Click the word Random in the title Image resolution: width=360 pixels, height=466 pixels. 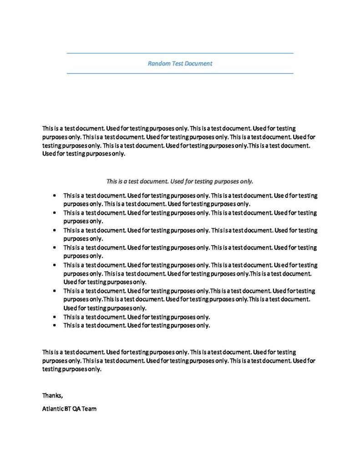(158, 64)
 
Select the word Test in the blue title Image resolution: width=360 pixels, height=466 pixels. (177, 64)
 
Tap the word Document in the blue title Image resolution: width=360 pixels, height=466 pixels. (198, 64)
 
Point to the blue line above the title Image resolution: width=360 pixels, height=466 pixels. (180, 53)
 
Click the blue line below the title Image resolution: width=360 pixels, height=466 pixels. (180, 73)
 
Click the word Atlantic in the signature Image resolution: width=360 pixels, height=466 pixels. (53, 409)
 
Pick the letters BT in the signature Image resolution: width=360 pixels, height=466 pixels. (67, 409)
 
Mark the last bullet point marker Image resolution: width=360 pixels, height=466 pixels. (55, 325)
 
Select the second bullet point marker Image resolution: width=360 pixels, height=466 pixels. (55, 213)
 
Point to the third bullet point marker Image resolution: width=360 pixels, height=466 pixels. (55, 230)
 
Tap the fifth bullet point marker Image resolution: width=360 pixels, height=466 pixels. (55, 265)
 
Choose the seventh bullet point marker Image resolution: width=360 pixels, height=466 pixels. (55, 317)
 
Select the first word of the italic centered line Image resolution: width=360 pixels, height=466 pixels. (112, 181)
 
